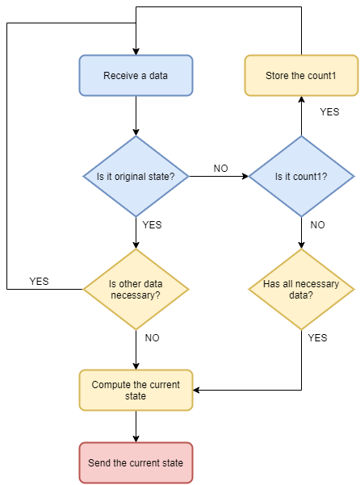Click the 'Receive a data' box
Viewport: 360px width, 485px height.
pyautogui.click(x=136, y=76)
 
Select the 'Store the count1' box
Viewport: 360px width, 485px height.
pyautogui.click(x=301, y=76)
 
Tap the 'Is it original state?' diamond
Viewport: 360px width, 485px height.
pyautogui.click(x=136, y=176)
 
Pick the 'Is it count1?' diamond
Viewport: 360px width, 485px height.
pyautogui.click(x=301, y=176)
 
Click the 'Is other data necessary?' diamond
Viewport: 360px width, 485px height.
pyautogui.click(x=136, y=289)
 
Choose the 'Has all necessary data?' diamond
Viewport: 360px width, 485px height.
pyautogui.click(x=301, y=289)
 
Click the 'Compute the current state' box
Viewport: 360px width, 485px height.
pyautogui.click(x=136, y=390)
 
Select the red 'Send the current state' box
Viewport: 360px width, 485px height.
pyautogui.click(x=136, y=462)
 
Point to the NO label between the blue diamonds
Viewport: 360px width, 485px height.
pyautogui.click(x=221, y=169)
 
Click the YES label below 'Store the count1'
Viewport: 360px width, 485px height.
pyautogui.click(x=329, y=111)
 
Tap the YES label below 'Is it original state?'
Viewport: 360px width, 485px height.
pyautogui.click(x=153, y=224)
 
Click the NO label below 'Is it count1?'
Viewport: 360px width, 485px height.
pyautogui.click(x=318, y=224)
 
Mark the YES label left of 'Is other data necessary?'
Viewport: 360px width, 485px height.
pyautogui.click(x=39, y=281)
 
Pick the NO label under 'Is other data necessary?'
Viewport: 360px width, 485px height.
pyautogui.click(x=153, y=337)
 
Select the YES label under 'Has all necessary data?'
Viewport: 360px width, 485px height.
pyautogui.click(x=318, y=337)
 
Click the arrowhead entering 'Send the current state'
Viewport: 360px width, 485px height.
pyautogui.click(x=136, y=439)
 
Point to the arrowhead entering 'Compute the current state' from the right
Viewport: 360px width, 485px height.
pyautogui.click(x=197, y=390)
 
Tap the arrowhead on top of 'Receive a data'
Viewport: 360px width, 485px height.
pyautogui.click(x=136, y=52)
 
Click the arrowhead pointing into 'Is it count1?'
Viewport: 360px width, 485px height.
pyautogui.click(x=245, y=176)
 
